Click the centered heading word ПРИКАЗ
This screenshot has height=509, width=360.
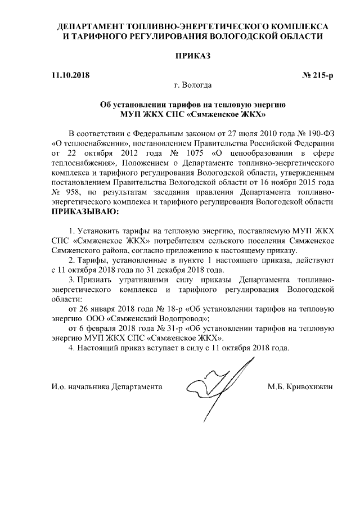click(x=193, y=56)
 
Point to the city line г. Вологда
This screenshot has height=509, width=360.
click(x=193, y=85)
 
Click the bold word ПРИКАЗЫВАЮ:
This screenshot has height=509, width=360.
click(x=85, y=213)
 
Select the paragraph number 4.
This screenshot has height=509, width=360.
click(x=71, y=348)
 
